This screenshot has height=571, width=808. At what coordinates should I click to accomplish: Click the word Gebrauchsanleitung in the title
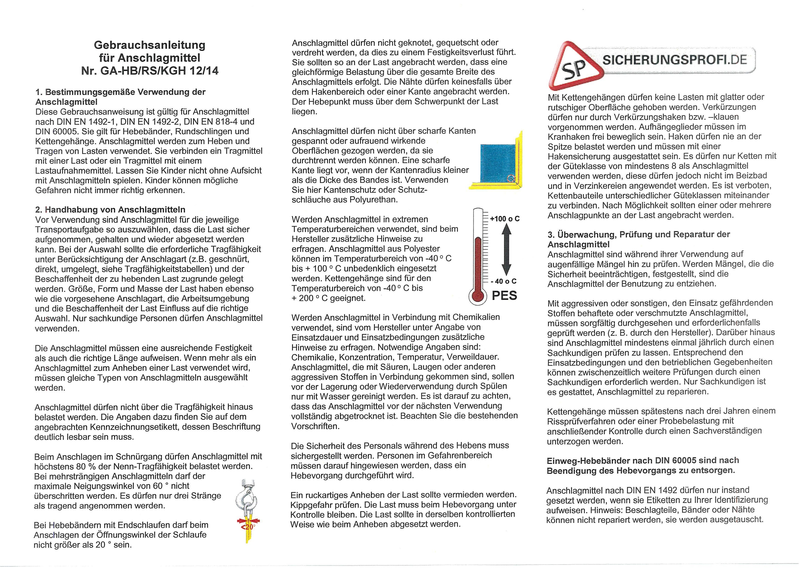pyautogui.click(x=149, y=45)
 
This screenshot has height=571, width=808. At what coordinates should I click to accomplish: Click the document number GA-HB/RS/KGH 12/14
pyautogui.click(x=159, y=71)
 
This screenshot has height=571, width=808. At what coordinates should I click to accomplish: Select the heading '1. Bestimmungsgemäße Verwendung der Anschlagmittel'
pyautogui.click(x=120, y=97)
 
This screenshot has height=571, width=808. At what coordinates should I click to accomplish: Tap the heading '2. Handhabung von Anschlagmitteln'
pyautogui.click(x=110, y=210)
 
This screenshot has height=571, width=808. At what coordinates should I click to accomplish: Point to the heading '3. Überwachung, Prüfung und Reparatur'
pyautogui.click(x=638, y=239)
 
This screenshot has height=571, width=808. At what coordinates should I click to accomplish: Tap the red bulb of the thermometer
pyautogui.click(x=477, y=296)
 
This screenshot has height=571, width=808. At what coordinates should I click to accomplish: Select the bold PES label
pyautogui.click(x=504, y=296)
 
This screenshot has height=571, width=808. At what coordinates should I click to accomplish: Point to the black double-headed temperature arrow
pyautogui.click(x=506, y=250)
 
